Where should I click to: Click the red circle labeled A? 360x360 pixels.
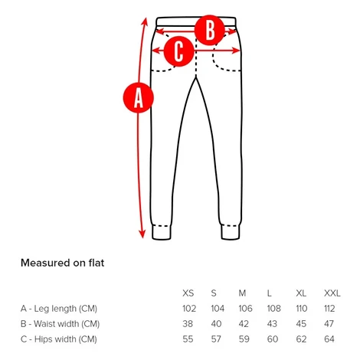[139, 97]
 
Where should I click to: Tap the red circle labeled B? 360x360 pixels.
[210, 30]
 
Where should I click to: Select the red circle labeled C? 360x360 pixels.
[178, 51]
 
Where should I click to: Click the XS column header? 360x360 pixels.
[188, 293]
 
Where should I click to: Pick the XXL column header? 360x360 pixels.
[332, 293]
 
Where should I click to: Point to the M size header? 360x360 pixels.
[242, 293]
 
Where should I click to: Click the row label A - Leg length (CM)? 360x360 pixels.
[59, 309]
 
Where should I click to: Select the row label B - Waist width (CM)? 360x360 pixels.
[60, 324]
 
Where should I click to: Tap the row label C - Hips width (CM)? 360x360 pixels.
[59, 339]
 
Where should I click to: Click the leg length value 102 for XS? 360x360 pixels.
[189, 309]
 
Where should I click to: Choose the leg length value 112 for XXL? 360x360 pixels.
[329, 309]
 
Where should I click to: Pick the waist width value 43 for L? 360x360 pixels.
[272, 324]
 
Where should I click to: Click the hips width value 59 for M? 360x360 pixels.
[244, 339]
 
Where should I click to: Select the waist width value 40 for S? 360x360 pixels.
[216, 324]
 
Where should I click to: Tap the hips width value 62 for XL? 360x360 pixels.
[301, 339]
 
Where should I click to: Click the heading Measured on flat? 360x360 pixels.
[63, 263]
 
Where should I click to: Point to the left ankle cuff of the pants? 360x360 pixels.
[162, 232]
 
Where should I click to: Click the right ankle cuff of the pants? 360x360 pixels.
[231, 232]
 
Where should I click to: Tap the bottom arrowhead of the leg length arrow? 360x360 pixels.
[142, 234]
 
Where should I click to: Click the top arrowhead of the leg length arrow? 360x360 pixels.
[145, 21]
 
